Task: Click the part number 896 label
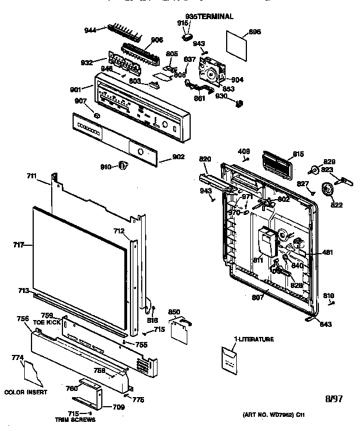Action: point(255,32)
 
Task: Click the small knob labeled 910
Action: point(123,164)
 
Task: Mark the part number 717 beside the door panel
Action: point(18,245)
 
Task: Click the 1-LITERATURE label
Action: point(254,339)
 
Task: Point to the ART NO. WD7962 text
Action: point(274,415)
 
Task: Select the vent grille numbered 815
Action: point(275,165)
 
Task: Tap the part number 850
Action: point(174,312)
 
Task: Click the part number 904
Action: point(237,80)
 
